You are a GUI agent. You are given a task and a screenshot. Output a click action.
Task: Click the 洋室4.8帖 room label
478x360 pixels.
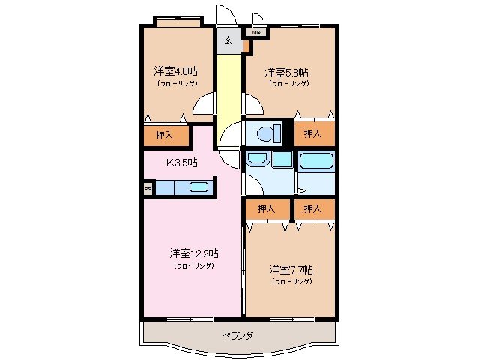pyautogui.click(x=176, y=72)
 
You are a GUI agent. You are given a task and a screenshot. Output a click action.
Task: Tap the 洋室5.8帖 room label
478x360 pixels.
pyautogui.click(x=287, y=73)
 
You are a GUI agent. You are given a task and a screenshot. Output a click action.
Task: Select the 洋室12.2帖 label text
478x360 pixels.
pyautogui.click(x=193, y=253)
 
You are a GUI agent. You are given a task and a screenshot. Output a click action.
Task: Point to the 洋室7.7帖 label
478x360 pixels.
pyautogui.click(x=291, y=269)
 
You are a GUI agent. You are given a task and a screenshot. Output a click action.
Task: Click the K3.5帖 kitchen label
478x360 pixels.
pyautogui.click(x=181, y=162)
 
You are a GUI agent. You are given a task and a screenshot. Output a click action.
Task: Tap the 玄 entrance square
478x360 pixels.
pyautogui.click(x=228, y=40)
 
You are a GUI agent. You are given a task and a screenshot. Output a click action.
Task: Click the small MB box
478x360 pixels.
pyautogui.click(x=256, y=32)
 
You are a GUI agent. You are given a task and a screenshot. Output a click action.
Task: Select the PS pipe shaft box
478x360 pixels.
pyautogui.click(x=148, y=189)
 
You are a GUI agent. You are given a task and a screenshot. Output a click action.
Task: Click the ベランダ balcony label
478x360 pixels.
pyautogui.click(x=238, y=335)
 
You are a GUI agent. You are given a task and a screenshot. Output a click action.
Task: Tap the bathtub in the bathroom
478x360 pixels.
pyautogui.click(x=316, y=160)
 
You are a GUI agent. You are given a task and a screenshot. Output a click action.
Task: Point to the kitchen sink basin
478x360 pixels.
pyautogui.click(x=198, y=188)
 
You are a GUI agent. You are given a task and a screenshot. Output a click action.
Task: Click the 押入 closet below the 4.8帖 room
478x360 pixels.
pyautogui.click(x=165, y=136)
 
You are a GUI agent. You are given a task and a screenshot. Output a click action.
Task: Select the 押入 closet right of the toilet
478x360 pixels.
pyautogui.click(x=313, y=133)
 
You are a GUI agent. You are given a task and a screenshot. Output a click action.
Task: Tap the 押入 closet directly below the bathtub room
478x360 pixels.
pyautogui.click(x=313, y=208)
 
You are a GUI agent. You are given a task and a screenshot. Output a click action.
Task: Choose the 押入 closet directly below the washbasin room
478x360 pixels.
pyautogui.click(x=266, y=208)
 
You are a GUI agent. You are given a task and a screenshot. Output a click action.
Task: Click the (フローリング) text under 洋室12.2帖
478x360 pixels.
pyautogui.click(x=193, y=265)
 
